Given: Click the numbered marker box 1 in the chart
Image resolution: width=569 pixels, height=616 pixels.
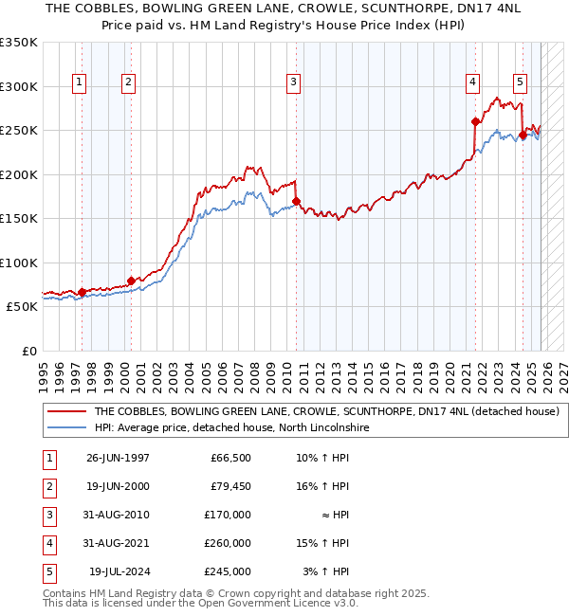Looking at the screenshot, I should (79, 82).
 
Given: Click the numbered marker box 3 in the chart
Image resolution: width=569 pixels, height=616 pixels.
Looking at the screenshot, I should (294, 82).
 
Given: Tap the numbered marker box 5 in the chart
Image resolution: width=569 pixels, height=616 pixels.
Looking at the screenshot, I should (521, 82).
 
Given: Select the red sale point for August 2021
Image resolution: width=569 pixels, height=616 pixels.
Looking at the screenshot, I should (475, 121).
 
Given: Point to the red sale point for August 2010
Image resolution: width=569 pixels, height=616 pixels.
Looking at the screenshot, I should (296, 201).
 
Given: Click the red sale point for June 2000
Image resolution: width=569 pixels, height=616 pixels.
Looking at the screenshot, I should (131, 281).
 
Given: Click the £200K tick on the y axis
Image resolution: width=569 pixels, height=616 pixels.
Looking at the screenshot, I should (19, 174).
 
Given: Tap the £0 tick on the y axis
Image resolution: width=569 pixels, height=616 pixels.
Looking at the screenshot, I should (28, 352).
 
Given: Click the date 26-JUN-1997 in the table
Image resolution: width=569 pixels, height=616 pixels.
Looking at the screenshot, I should (118, 458).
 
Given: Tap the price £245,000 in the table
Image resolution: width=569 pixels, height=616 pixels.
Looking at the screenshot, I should (227, 571).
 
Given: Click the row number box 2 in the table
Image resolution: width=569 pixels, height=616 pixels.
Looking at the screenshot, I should (46, 486).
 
